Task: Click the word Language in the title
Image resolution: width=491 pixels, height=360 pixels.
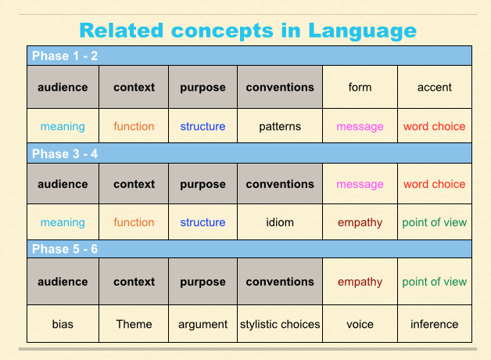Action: coord(362,31)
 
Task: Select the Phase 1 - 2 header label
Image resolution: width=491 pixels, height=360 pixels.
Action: coord(65,56)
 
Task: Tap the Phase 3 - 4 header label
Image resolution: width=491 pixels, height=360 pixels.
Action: coord(65,154)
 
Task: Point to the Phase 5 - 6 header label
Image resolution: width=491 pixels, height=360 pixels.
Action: coord(65,249)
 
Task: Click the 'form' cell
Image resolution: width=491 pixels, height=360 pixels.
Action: coord(360,87)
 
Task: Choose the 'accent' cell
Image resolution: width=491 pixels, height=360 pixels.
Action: coord(435,88)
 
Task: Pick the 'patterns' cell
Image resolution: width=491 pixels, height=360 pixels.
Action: coord(280,127)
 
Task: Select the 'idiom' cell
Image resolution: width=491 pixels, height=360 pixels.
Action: coord(280,222)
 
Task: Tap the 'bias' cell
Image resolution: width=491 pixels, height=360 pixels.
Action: coord(63,324)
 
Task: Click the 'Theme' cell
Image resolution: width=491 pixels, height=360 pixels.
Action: coord(134,324)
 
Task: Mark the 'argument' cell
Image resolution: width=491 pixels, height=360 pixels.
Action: coord(202,325)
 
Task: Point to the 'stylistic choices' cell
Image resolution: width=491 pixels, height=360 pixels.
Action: coord(280,324)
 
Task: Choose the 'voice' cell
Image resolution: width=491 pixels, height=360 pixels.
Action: coord(360,324)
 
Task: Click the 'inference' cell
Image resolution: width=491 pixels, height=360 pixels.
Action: coord(435,324)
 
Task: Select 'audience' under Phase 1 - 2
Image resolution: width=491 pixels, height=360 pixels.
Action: coord(63,87)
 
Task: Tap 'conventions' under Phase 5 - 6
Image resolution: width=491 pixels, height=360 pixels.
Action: coord(280,282)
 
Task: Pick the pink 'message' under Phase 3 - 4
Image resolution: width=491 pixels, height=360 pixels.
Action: coord(360,185)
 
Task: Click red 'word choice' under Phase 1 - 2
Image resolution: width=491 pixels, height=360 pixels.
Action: coord(435,126)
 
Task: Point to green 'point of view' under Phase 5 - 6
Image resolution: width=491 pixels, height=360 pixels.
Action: coord(435,282)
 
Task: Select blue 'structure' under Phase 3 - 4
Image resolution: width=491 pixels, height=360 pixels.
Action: coord(202,222)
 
